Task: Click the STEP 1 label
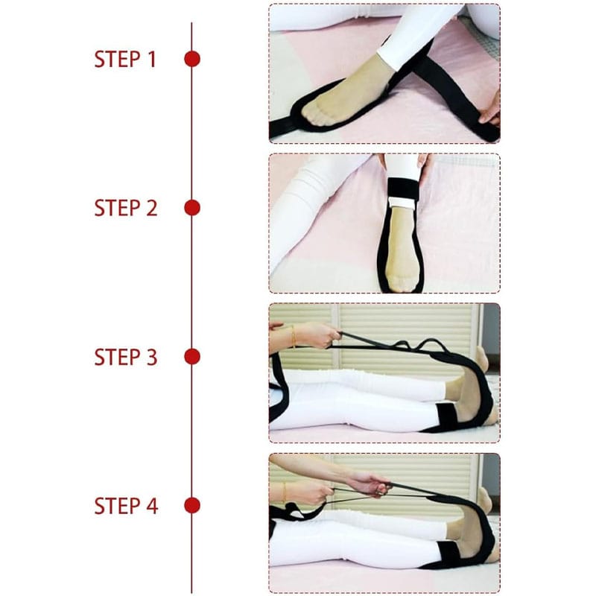point(125,60)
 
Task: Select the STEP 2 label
point(125,209)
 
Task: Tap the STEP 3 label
point(125,358)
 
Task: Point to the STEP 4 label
point(126,506)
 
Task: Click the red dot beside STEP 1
point(192,59)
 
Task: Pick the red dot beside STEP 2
point(192,208)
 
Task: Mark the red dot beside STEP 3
point(192,357)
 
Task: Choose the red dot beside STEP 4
point(192,506)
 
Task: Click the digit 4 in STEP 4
point(152,506)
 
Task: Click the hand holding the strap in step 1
point(490,110)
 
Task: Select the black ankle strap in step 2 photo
point(404,189)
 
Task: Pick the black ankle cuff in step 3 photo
point(448,416)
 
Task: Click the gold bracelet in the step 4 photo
point(284,492)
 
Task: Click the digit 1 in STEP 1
point(152,60)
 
